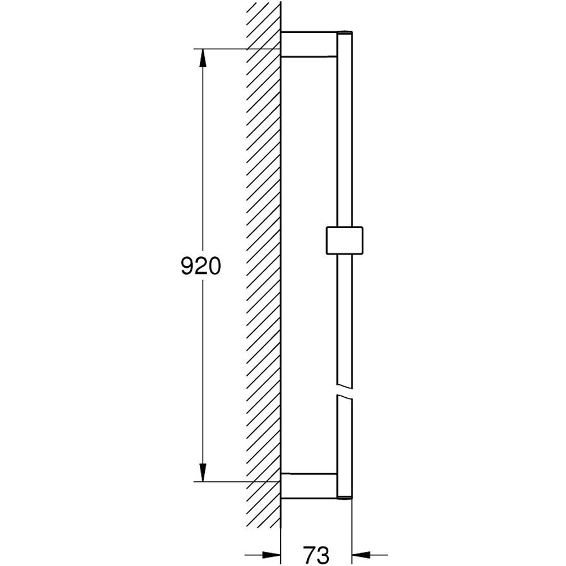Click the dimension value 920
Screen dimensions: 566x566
click(x=200, y=265)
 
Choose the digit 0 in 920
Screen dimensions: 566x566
click(x=213, y=265)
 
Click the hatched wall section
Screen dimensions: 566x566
click(x=264, y=265)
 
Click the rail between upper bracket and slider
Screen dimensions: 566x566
click(x=344, y=141)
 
